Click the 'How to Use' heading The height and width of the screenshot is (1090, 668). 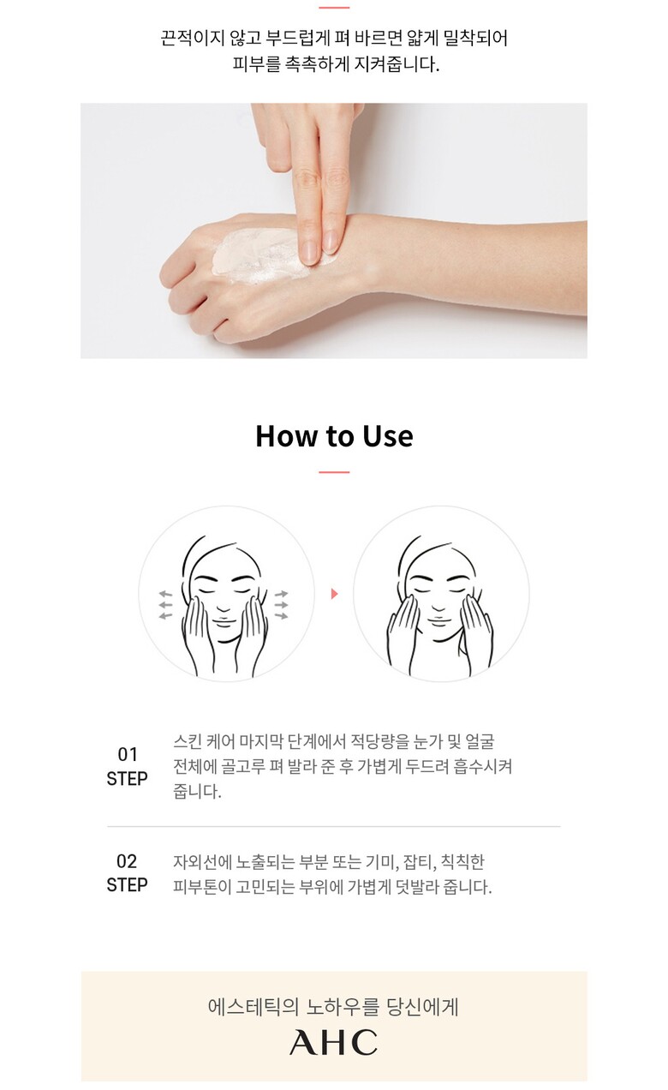(x=335, y=436)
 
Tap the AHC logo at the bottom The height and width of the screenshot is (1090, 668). (x=333, y=1042)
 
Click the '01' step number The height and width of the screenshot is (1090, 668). (x=128, y=754)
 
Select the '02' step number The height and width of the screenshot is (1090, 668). (x=127, y=861)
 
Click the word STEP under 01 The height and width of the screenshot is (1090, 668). (x=128, y=779)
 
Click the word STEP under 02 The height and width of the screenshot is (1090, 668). (x=128, y=884)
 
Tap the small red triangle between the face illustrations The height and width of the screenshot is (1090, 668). (x=334, y=594)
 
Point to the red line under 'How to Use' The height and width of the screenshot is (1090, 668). (x=334, y=472)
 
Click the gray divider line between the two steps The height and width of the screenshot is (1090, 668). (x=333, y=826)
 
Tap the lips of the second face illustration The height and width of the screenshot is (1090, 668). (x=438, y=620)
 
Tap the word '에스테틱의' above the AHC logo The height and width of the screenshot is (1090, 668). (x=253, y=1007)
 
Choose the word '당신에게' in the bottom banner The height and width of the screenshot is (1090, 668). (x=422, y=1007)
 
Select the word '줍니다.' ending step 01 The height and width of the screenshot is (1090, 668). (x=197, y=791)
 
